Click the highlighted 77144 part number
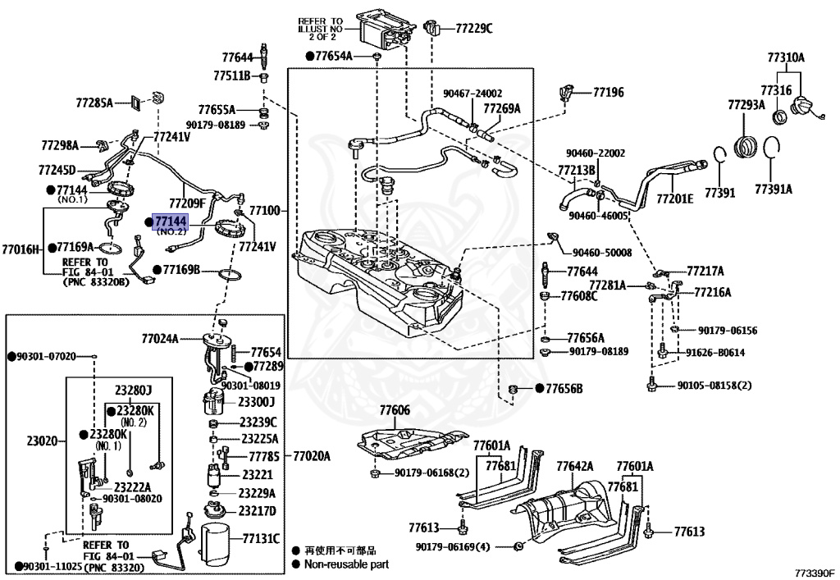tap(171, 221)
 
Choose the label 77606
tap(395, 409)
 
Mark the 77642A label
tap(574, 466)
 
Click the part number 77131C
tap(261, 538)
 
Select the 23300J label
tap(256, 402)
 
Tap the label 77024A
tap(160, 337)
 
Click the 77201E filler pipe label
tap(674, 199)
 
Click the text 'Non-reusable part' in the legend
tap(346, 564)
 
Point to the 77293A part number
tap(746, 105)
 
